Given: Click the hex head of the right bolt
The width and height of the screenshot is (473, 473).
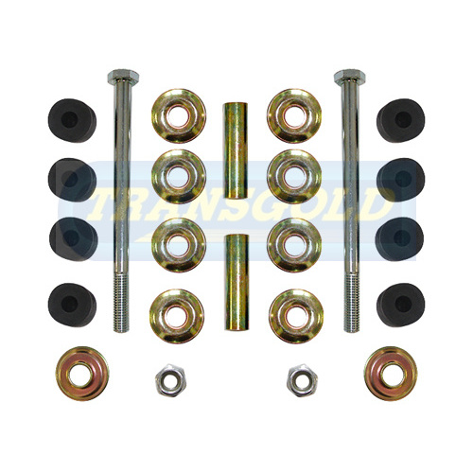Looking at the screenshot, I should click(346, 77).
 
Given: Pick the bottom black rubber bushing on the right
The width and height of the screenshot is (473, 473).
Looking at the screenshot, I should click(399, 302).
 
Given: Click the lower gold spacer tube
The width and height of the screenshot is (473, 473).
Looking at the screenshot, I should click(234, 284).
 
